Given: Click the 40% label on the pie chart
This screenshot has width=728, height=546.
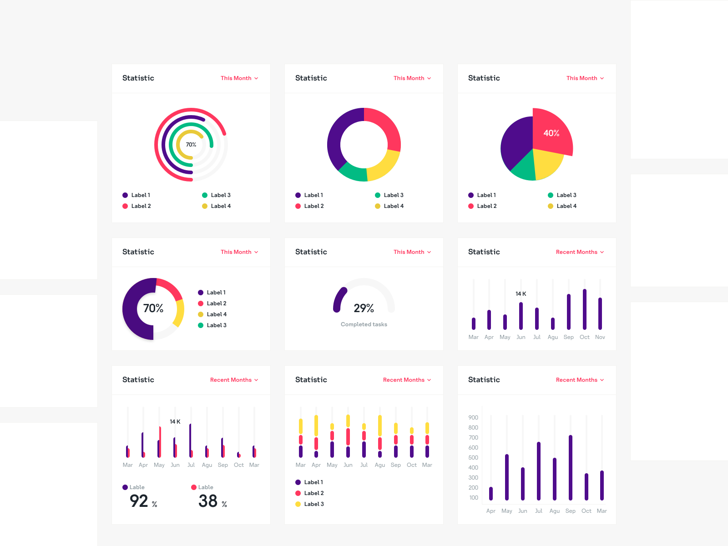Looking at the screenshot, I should [551, 133].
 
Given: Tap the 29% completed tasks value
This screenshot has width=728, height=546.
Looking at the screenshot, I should [364, 308].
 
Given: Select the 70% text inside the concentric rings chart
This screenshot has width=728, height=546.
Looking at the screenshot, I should [191, 145].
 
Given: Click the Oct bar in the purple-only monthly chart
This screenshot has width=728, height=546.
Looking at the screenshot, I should [584, 309].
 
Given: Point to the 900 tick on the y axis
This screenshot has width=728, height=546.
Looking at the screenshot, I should [473, 418].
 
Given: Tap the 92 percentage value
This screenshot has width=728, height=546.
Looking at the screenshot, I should [139, 501].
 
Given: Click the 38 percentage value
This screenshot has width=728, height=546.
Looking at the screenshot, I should [208, 501].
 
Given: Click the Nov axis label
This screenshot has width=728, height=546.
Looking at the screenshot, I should [600, 337].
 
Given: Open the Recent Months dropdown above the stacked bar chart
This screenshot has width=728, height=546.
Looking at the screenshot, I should [407, 380].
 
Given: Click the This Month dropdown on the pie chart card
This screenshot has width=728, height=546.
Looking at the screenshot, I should [585, 78].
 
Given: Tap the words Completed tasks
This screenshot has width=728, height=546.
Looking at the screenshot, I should [364, 324].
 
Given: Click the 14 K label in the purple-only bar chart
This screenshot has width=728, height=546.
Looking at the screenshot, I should [521, 294].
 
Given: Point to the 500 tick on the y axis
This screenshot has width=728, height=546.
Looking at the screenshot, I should [473, 458].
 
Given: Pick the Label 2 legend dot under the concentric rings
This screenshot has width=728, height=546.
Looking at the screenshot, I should [125, 206].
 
